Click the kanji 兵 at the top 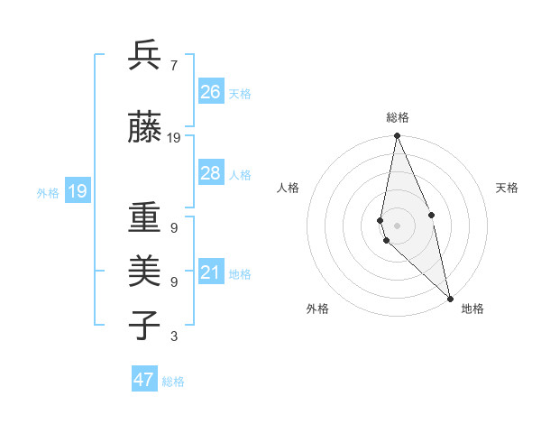145,57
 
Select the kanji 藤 145,129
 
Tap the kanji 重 145,219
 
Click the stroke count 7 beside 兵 173,66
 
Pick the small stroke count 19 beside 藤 174,138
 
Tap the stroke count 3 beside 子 173,336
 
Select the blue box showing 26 211,92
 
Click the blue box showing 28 211,173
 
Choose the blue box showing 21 211,272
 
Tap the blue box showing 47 144,380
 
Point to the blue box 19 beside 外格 77,191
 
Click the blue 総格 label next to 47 174,382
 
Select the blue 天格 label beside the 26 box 240,93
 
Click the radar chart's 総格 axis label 398,117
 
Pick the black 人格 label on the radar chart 288,188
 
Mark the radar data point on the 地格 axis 450,297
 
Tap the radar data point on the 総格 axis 398,136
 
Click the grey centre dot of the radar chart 398,225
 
